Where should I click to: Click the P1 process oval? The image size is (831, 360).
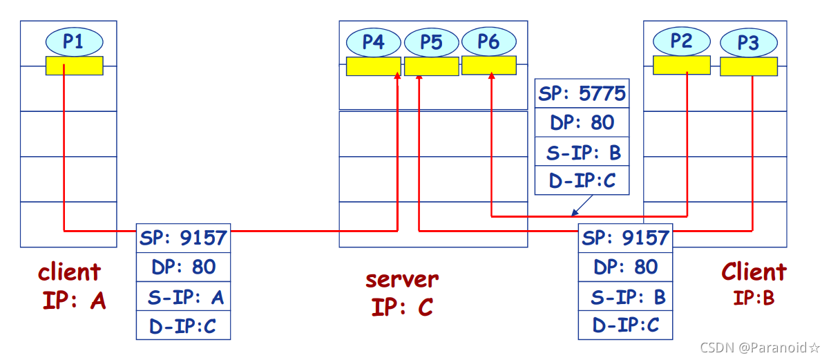click(x=74, y=41)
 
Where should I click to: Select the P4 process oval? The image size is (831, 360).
click(x=373, y=42)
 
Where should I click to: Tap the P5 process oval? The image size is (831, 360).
click(x=431, y=42)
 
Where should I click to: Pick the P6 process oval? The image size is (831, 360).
click(x=488, y=41)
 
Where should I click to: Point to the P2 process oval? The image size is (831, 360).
click(x=681, y=41)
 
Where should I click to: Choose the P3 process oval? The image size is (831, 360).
click(x=748, y=43)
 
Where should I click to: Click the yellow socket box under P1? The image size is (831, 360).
click(x=75, y=66)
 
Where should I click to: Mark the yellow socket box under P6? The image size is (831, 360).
click(x=489, y=66)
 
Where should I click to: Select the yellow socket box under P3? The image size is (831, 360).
click(x=749, y=66)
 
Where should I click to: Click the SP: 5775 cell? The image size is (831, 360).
click(x=582, y=93)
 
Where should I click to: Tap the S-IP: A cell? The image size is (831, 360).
click(x=183, y=297)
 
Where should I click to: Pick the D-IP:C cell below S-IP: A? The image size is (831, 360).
click(x=183, y=325)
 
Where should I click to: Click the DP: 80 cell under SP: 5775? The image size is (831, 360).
click(x=582, y=122)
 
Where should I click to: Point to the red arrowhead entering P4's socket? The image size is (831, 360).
click(x=397, y=79)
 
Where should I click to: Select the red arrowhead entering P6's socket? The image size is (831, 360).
click(x=491, y=80)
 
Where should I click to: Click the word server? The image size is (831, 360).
click(x=402, y=279)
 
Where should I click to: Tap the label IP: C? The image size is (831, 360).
click(x=402, y=306)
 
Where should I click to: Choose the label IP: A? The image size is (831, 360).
click(x=74, y=301)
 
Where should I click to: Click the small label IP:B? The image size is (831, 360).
click(x=753, y=298)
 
